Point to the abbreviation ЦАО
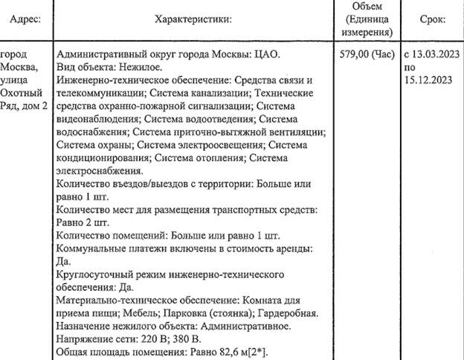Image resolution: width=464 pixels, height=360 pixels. coord(268,55)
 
